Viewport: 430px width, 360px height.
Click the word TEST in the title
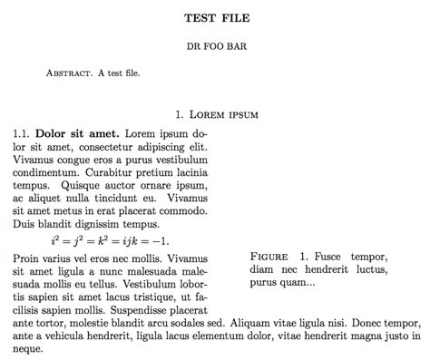click(x=199, y=17)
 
